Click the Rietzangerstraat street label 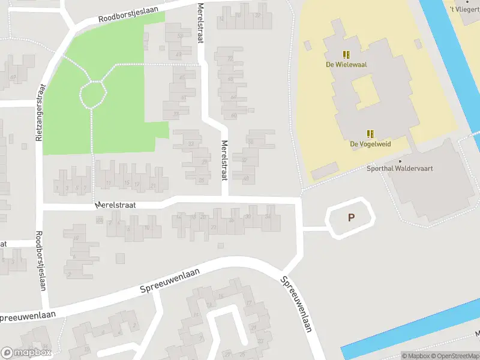[x=40, y=112]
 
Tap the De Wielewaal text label [x=346, y=64]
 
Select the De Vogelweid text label [x=370, y=144]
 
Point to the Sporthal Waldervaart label [x=400, y=169]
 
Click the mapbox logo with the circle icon [x=26, y=353]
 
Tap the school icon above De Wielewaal [x=346, y=54]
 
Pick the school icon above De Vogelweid [x=370, y=134]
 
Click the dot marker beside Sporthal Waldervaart [x=400, y=161]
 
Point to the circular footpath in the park [x=93, y=94]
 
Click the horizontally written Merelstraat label [x=115, y=205]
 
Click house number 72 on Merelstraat [x=231, y=59]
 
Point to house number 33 [x=191, y=144]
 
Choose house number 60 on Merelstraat [x=234, y=115]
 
